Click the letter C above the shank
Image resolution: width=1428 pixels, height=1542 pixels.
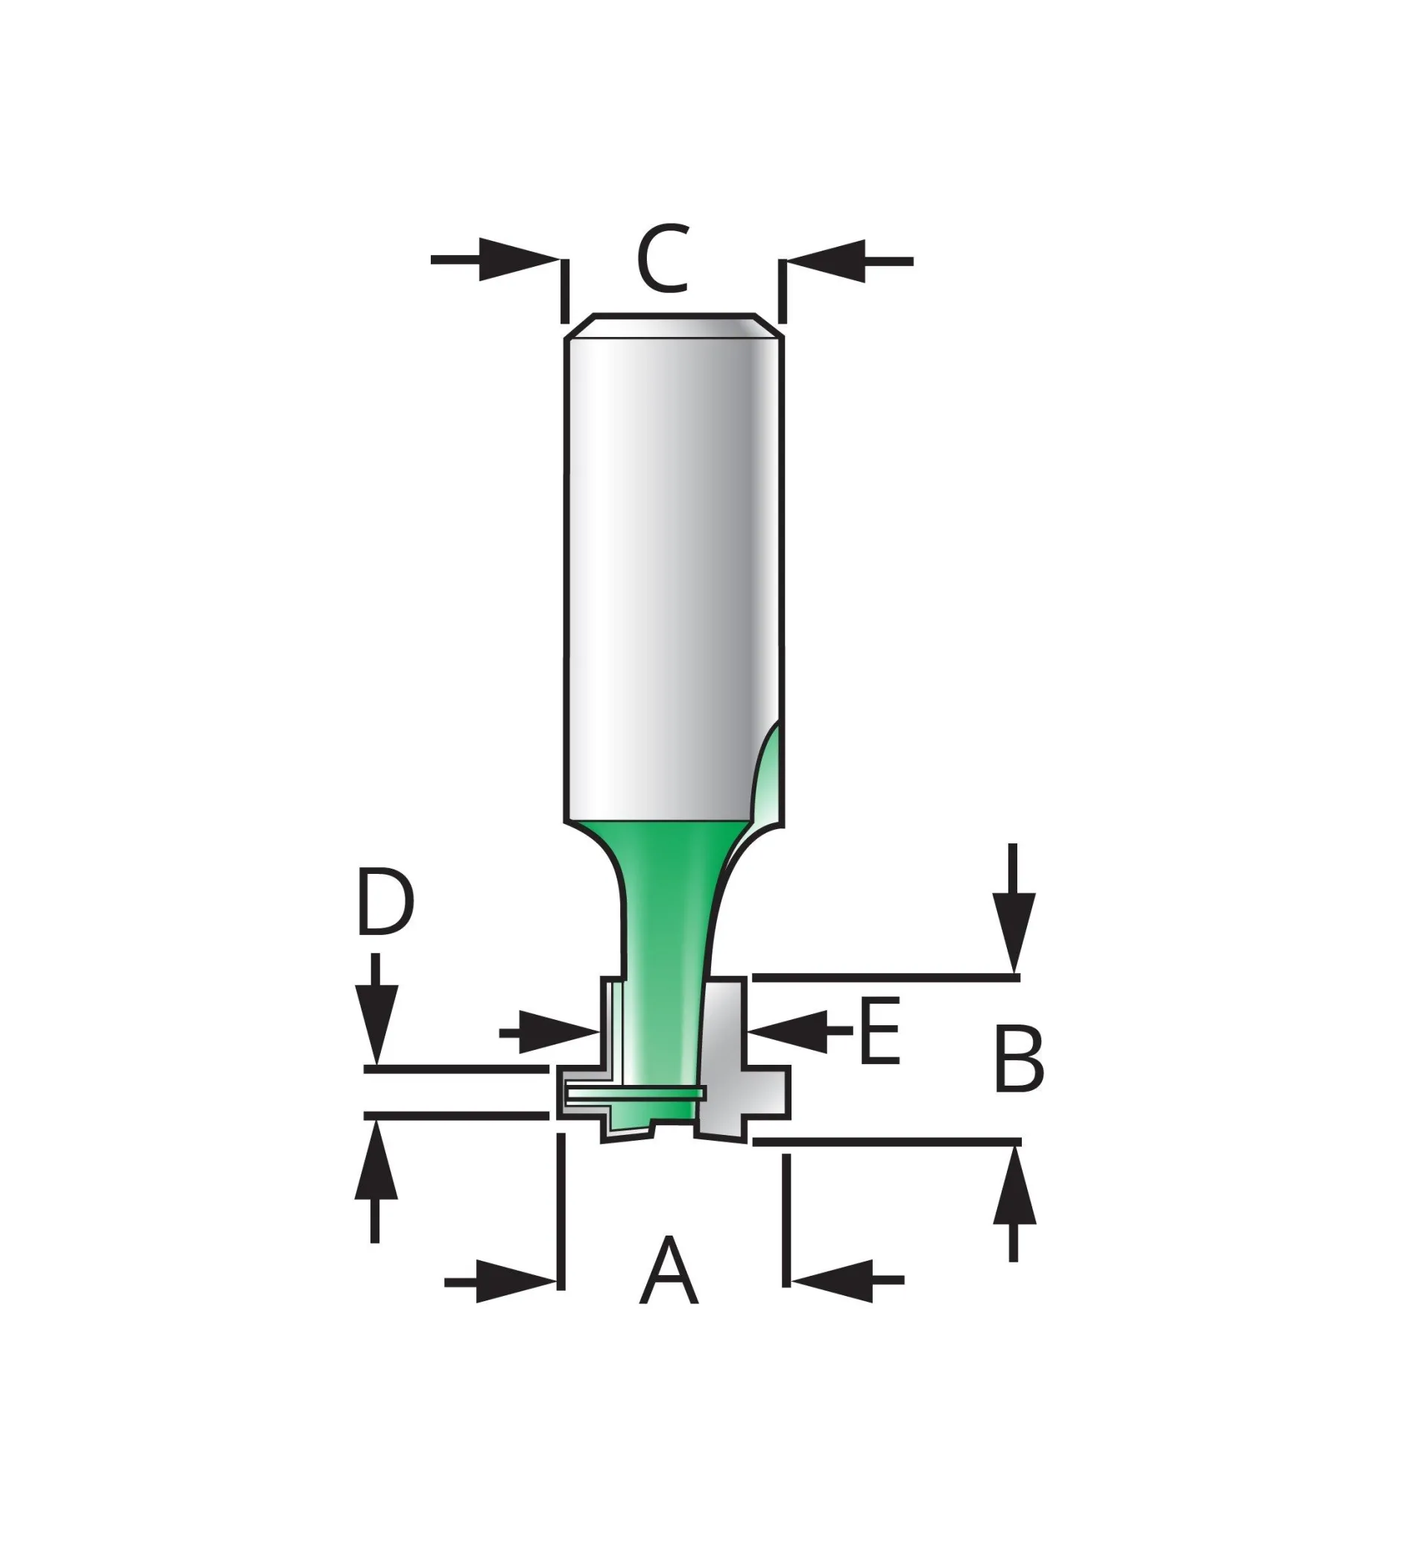663,259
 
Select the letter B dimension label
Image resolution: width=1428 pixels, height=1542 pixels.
1020,1060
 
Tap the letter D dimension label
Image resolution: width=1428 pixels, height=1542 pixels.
385,903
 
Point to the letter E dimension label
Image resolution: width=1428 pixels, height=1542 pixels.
879,1031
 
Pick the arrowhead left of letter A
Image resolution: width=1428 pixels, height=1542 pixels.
513,1282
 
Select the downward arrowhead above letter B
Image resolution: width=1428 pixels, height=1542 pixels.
1014,928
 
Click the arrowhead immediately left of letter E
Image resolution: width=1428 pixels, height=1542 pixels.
790,1031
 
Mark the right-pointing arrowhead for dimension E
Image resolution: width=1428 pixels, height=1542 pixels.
556,1032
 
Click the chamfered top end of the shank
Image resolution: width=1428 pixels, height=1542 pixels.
674,325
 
